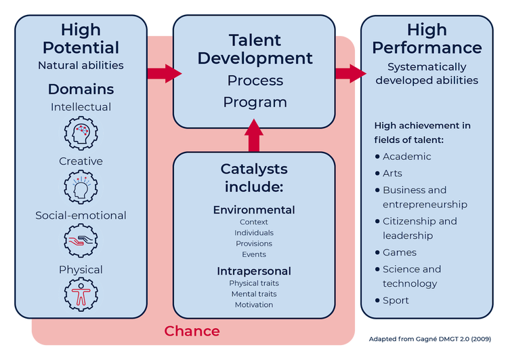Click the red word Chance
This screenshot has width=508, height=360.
[x=192, y=331]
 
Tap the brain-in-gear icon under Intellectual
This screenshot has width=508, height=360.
[x=81, y=133]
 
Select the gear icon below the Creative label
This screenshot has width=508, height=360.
[x=81, y=187]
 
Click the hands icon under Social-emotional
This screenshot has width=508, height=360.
[x=81, y=241]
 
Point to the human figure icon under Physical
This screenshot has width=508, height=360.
[x=81, y=295]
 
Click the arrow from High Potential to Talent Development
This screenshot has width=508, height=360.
[x=165, y=73]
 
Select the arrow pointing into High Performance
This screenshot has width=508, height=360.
[x=351, y=73]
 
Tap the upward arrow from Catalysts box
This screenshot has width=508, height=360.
[x=254, y=136]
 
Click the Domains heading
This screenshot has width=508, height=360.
[x=81, y=89]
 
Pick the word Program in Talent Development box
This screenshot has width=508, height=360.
[x=255, y=102]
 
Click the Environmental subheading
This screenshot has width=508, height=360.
[x=254, y=210]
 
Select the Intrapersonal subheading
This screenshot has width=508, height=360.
[x=254, y=271]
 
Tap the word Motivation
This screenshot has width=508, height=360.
[x=254, y=305]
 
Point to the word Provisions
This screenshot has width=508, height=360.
[x=254, y=243]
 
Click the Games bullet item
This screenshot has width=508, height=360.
[x=396, y=252]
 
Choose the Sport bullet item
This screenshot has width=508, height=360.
[x=391, y=300]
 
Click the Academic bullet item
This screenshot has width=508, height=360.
[x=403, y=157]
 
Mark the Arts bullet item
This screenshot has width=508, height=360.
[x=389, y=174]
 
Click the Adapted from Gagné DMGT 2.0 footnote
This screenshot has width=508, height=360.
[x=430, y=339]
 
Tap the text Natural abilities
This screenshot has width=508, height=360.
[x=81, y=66]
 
